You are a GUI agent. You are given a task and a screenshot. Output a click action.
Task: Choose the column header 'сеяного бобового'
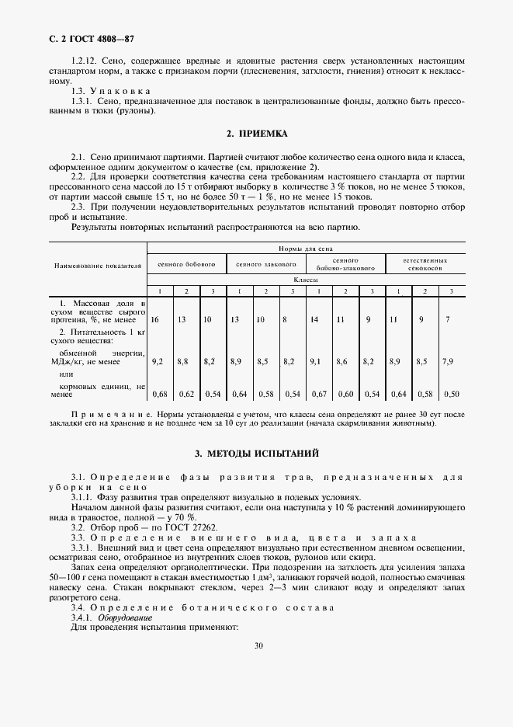click(x=186, y=264)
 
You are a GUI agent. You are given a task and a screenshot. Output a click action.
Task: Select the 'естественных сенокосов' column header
click(x=425, y=264)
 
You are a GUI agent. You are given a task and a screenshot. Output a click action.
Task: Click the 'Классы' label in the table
click(x=305, y=278)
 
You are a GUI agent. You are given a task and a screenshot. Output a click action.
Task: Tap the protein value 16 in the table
click(x=155, y=319)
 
